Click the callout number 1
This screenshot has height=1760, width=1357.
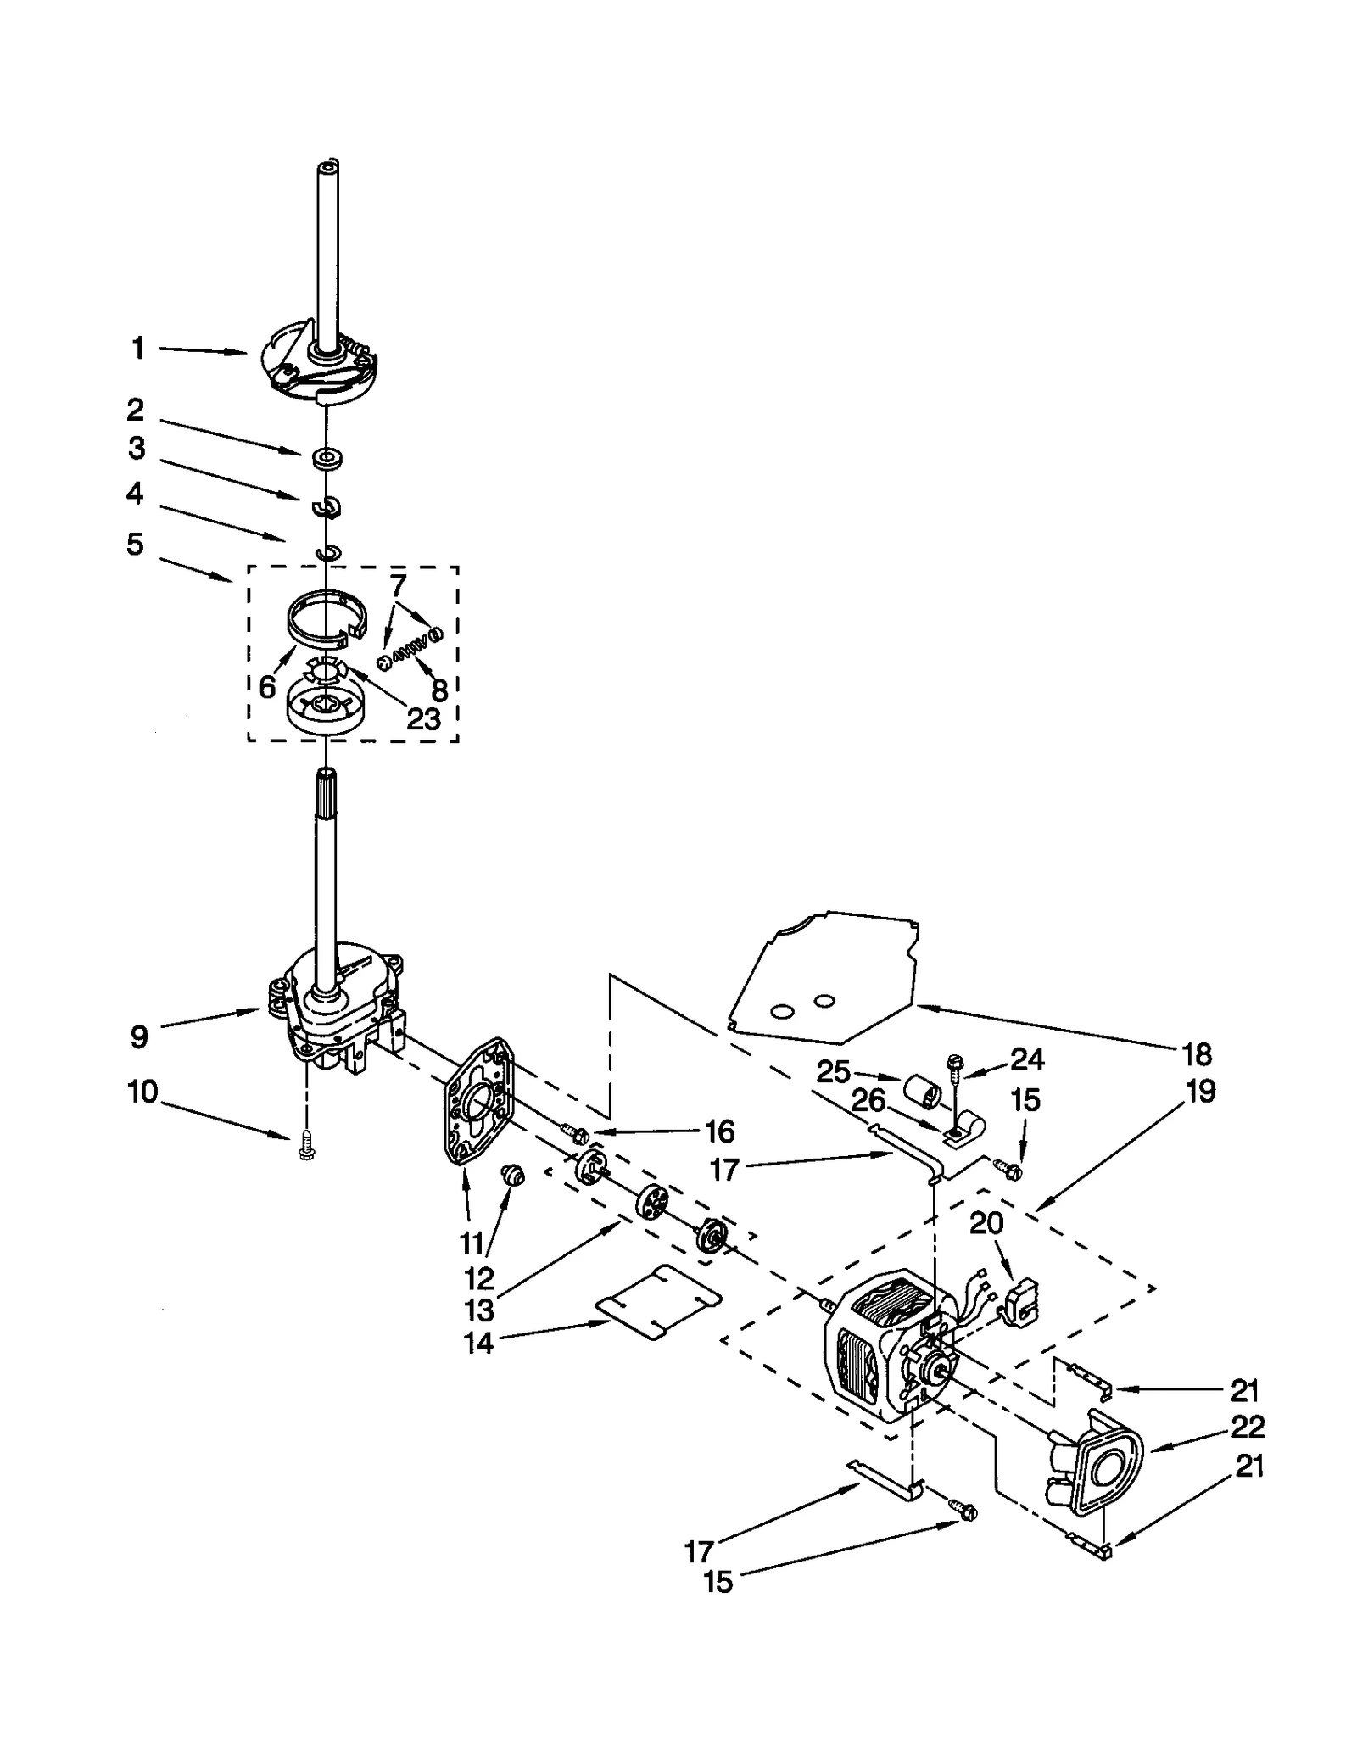(x=137, y=349)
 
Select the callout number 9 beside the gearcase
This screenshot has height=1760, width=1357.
(x=140, y=1036)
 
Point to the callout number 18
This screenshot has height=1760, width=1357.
(x=1197, y=1054)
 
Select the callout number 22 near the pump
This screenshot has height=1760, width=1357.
(x=1246, y=1427)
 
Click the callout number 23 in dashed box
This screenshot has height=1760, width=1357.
(x=424, y=718)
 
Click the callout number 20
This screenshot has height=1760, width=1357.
(x=986, y=1222)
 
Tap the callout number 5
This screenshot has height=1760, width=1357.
(x=136, y=544)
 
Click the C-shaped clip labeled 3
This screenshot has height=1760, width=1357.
(x=326, y=507)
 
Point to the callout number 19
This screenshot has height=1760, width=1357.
(x=1200, y=1092)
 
